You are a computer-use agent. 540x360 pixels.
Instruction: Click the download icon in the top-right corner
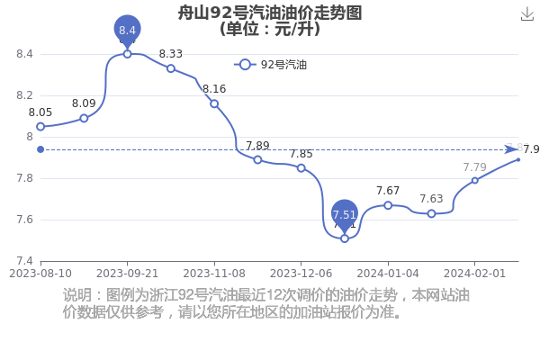click(x=526, y=14)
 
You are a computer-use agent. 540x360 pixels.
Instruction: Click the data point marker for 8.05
click(x=40, y=127)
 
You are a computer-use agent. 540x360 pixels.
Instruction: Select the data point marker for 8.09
click(x=84, y=119)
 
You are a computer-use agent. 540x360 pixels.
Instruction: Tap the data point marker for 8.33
click(x=171, y=68)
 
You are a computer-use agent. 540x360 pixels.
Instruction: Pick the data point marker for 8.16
click(x=214, y=103)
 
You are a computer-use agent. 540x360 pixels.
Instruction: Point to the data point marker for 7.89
click(x=257, y=160)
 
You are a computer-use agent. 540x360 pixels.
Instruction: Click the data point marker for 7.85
click(x=301, y=168)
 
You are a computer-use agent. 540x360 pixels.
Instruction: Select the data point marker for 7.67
click(x=388, y=205)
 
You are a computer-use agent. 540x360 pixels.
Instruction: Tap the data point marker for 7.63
click(x=431, y=214)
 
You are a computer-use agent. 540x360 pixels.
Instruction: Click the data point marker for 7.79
click(x=475, y=181)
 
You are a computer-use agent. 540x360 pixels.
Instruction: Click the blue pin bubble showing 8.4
click(x=128, y=31)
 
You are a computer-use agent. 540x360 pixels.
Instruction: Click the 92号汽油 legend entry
click(x=270, y=65)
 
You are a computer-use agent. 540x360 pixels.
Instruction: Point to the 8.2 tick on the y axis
click(x=25, y=95)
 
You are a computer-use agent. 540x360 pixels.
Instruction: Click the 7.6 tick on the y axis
click(x=25, y=220)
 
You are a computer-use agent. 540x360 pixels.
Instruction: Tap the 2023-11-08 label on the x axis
click(x=214, y=274)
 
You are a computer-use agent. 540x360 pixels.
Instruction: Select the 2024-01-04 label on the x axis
click(x=388, y=274)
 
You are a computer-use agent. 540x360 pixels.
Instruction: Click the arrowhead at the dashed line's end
click(x=512, y=149)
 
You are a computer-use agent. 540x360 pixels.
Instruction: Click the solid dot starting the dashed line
click(x=40, y=149)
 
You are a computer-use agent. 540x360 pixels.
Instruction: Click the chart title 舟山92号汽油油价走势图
click(x=270, y=13)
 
